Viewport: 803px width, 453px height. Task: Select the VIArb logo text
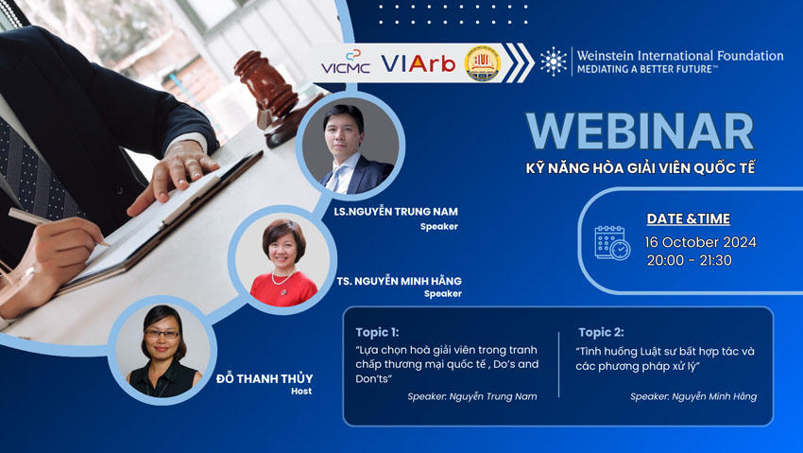pos(418,63)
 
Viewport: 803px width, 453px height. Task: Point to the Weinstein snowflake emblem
pos(554,61)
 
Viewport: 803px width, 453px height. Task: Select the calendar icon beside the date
pos(611,242)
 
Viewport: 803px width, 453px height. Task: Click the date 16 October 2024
pos(700,242)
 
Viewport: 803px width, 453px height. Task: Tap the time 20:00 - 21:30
pos(689,260)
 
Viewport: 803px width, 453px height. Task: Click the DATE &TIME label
pos(688,218)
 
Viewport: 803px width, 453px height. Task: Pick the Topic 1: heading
pos(377,332)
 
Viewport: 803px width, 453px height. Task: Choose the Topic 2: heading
pos(601,332)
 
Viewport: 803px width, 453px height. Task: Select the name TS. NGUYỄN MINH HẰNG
pos(399,281)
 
